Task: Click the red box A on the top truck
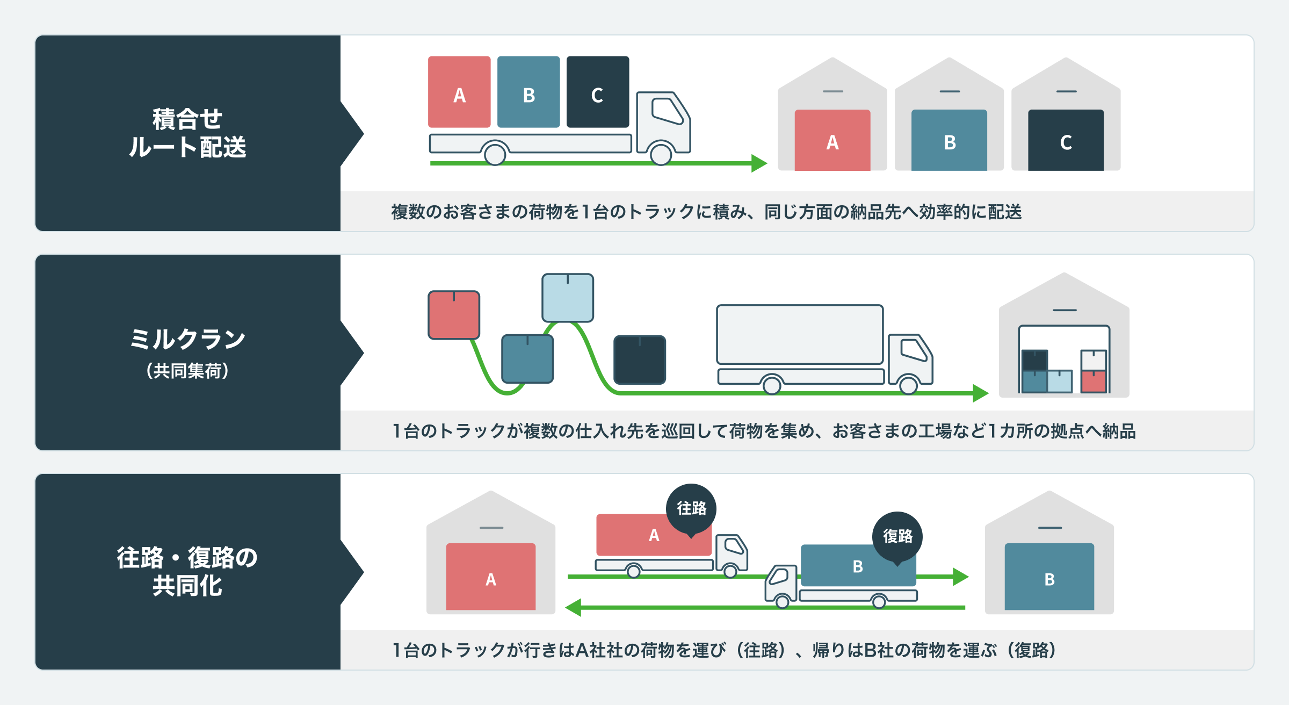[x=459, y=92]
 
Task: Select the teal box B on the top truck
[x=528, y=92]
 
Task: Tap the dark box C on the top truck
[x=598, y=92]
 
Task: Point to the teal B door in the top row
[x=949, y=140]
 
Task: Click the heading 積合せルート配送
[x=187, y=133]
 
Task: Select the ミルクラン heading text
[x=187, y=339]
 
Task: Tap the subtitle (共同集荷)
[x=187, y=371]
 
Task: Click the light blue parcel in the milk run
[x=568, y=298]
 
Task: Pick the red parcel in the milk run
[x=454, y=315]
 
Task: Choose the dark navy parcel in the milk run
[x=640, y=359]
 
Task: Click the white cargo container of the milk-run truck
[x=800, y=334]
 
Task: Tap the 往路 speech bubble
[x=691, y=508]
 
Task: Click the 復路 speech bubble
[x=897, y=536]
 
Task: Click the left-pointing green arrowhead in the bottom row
[x=574, y=608]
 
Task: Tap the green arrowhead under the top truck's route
[x=759, y=163]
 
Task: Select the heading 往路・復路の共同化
[x=187, y=571]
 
